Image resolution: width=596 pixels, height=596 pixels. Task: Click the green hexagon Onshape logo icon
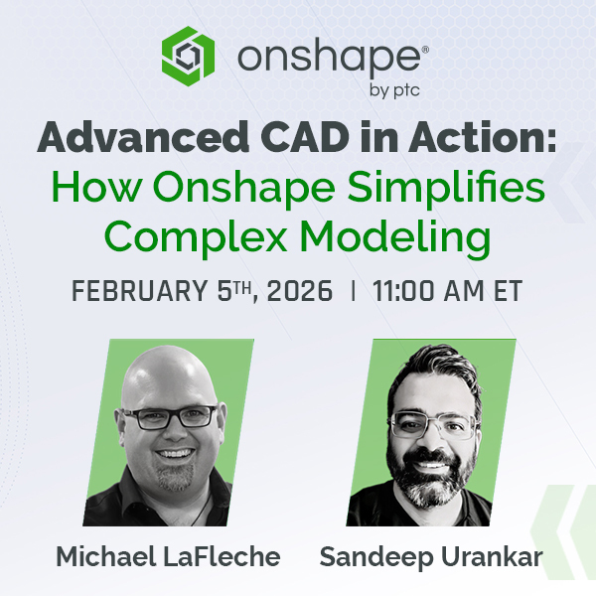[188, 57]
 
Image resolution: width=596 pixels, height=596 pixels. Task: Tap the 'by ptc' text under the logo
[394, 90]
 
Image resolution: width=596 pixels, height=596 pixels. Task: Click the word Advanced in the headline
[143, 137]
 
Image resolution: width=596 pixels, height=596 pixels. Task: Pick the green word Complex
[195, 238]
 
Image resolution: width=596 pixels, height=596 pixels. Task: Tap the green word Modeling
[395, 239]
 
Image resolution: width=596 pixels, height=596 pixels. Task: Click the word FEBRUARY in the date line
[139, 291]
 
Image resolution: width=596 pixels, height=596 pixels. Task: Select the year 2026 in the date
[300, 291]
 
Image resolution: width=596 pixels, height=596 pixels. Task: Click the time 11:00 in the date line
[403, 291]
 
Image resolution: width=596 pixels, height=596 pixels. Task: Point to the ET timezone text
[508, 291]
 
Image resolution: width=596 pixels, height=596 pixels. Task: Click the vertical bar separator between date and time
[354, 291]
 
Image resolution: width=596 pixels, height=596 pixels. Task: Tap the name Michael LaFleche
[169, 557]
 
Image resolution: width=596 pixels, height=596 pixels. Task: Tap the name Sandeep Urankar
[431, 558]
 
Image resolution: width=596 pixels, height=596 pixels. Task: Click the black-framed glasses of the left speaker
[170, 417]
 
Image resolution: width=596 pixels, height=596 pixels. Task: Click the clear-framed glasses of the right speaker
[432, 426]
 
